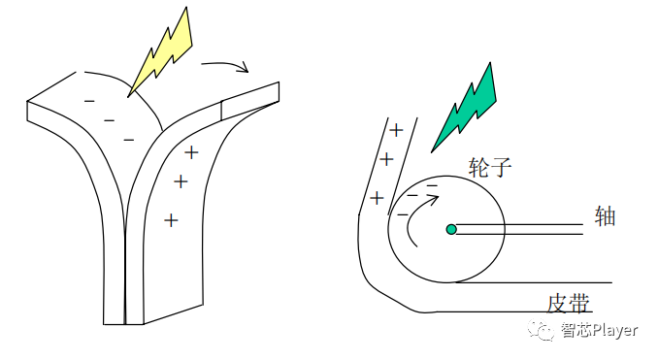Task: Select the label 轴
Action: (x=605, y=215)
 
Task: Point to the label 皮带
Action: (x=569, y=303)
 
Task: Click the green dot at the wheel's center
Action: (x=451, y=230)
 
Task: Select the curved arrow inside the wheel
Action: (x=415, y=218)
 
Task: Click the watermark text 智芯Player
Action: (x=599, y=331)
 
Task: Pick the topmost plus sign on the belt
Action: (x=396, y=130)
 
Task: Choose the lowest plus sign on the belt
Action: (x=377, y=198)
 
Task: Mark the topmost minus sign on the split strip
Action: (x=89, y=100)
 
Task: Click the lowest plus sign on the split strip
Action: (x=171, y=220)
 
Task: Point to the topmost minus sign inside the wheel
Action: (x=433, y=183)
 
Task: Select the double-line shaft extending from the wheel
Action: (x=519, y=230)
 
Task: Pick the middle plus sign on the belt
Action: (x=386, y=159)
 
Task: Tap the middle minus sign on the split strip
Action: (x=109, y=120)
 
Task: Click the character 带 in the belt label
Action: (x=580, y=303)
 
